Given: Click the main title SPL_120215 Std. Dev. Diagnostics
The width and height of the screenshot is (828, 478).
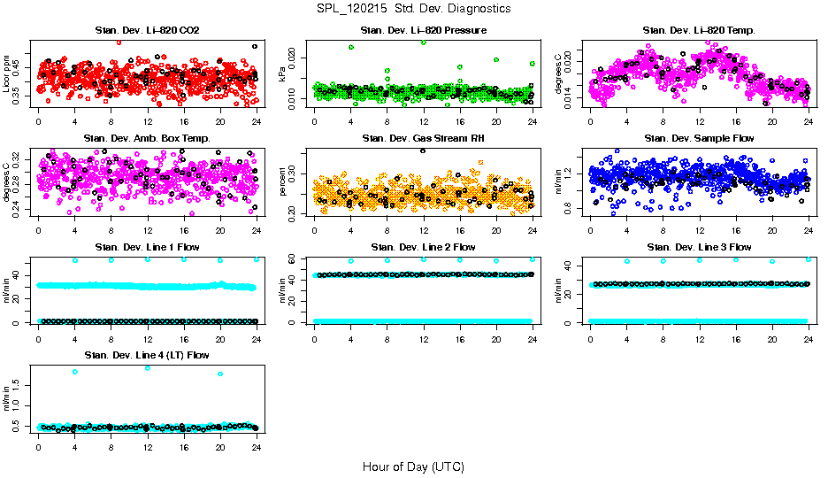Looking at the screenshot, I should coord(413,9).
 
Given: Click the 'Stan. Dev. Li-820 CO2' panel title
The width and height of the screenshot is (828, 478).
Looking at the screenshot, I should coord(147,30).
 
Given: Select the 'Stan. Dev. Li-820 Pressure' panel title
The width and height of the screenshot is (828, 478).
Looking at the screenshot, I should coord(423,30).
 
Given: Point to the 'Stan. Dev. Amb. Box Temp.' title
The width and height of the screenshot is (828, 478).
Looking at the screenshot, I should coord(147,138).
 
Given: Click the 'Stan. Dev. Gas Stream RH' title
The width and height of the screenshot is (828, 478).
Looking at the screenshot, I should coord(423,138).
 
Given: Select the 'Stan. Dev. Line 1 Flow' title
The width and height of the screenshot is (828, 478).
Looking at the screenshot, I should coord(147,247).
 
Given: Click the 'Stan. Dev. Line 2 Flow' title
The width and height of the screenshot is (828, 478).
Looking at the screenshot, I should coord(423,247).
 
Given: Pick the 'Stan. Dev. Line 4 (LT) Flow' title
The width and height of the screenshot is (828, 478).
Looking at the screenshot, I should coord(147,355).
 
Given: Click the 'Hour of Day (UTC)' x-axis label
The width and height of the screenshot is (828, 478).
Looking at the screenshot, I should coord(413,466).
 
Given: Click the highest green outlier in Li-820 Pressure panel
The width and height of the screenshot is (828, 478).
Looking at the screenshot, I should coord(424,42).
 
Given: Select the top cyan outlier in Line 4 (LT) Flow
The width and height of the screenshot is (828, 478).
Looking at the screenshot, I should coord(148,367).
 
